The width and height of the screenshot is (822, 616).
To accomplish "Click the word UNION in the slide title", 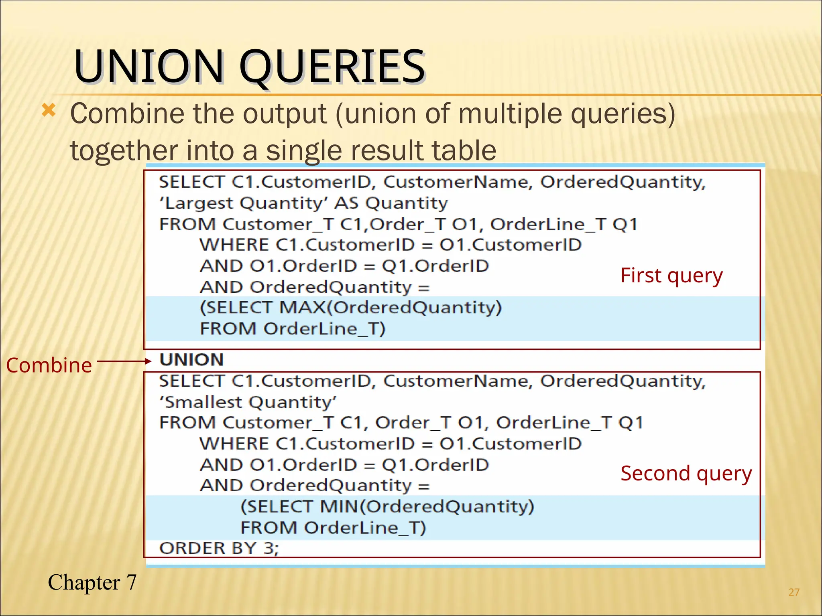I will pos(149,66).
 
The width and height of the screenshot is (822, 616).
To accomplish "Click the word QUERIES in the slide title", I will pos(332,66).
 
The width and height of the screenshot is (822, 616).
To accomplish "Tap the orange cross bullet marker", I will pos(49,110).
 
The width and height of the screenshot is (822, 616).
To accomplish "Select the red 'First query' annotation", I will pos(671,276).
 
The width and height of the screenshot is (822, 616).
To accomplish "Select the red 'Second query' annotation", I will pos(686,474).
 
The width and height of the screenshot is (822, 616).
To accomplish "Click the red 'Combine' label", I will pos(49,365).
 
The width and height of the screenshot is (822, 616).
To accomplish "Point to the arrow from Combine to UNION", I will pos(124,362).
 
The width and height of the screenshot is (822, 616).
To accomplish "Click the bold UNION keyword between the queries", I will pos(192,360).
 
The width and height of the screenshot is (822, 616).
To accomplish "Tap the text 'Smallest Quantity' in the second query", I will pos(248,402).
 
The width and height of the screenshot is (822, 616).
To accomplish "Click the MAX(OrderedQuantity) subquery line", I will pos(350,308).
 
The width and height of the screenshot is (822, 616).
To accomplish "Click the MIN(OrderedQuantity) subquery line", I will pos(387,507).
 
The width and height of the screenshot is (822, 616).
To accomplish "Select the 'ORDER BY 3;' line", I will pos(219,548).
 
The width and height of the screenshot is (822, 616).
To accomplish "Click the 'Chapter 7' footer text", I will pos(92,582).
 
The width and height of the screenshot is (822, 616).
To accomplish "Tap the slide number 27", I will pos(794,592).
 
